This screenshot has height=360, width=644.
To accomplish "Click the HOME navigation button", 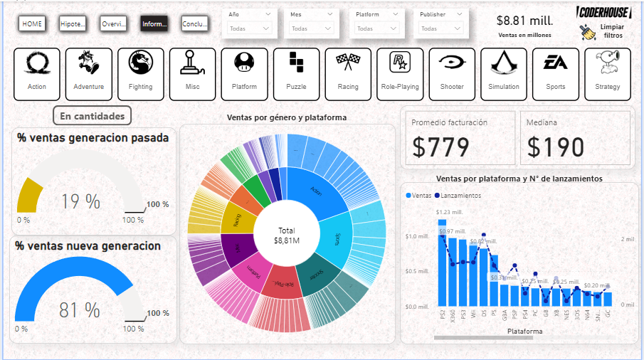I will click(31, 24).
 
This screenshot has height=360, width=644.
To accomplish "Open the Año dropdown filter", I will click(250, 28).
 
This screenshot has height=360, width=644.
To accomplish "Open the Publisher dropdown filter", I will click(442, 28).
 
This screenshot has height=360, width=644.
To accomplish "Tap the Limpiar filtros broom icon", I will click(588, 32).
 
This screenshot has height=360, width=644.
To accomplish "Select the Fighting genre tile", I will click(141, 70).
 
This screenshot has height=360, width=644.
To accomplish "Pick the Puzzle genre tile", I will click(296, 70).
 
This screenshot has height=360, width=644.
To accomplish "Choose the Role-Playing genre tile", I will click(400, 70).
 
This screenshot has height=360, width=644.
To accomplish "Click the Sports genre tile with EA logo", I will click(556, 70).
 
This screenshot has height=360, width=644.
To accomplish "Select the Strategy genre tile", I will click(607, 70).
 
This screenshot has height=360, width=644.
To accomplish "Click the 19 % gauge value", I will click(80, 202).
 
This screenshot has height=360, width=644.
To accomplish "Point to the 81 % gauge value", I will click(80, 310).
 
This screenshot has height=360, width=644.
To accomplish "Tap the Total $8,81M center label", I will click(287, 236).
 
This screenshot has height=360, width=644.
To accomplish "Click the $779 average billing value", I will click(441, 147).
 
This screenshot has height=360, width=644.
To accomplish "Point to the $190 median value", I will click(556, 147).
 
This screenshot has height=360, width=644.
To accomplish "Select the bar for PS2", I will click(442, 263).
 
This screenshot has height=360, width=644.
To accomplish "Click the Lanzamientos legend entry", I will click(460, 195).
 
